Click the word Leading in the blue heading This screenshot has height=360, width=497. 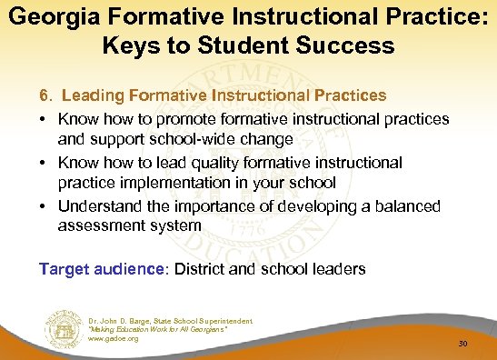point(92,95)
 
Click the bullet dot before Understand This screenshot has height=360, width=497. point(44,206)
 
